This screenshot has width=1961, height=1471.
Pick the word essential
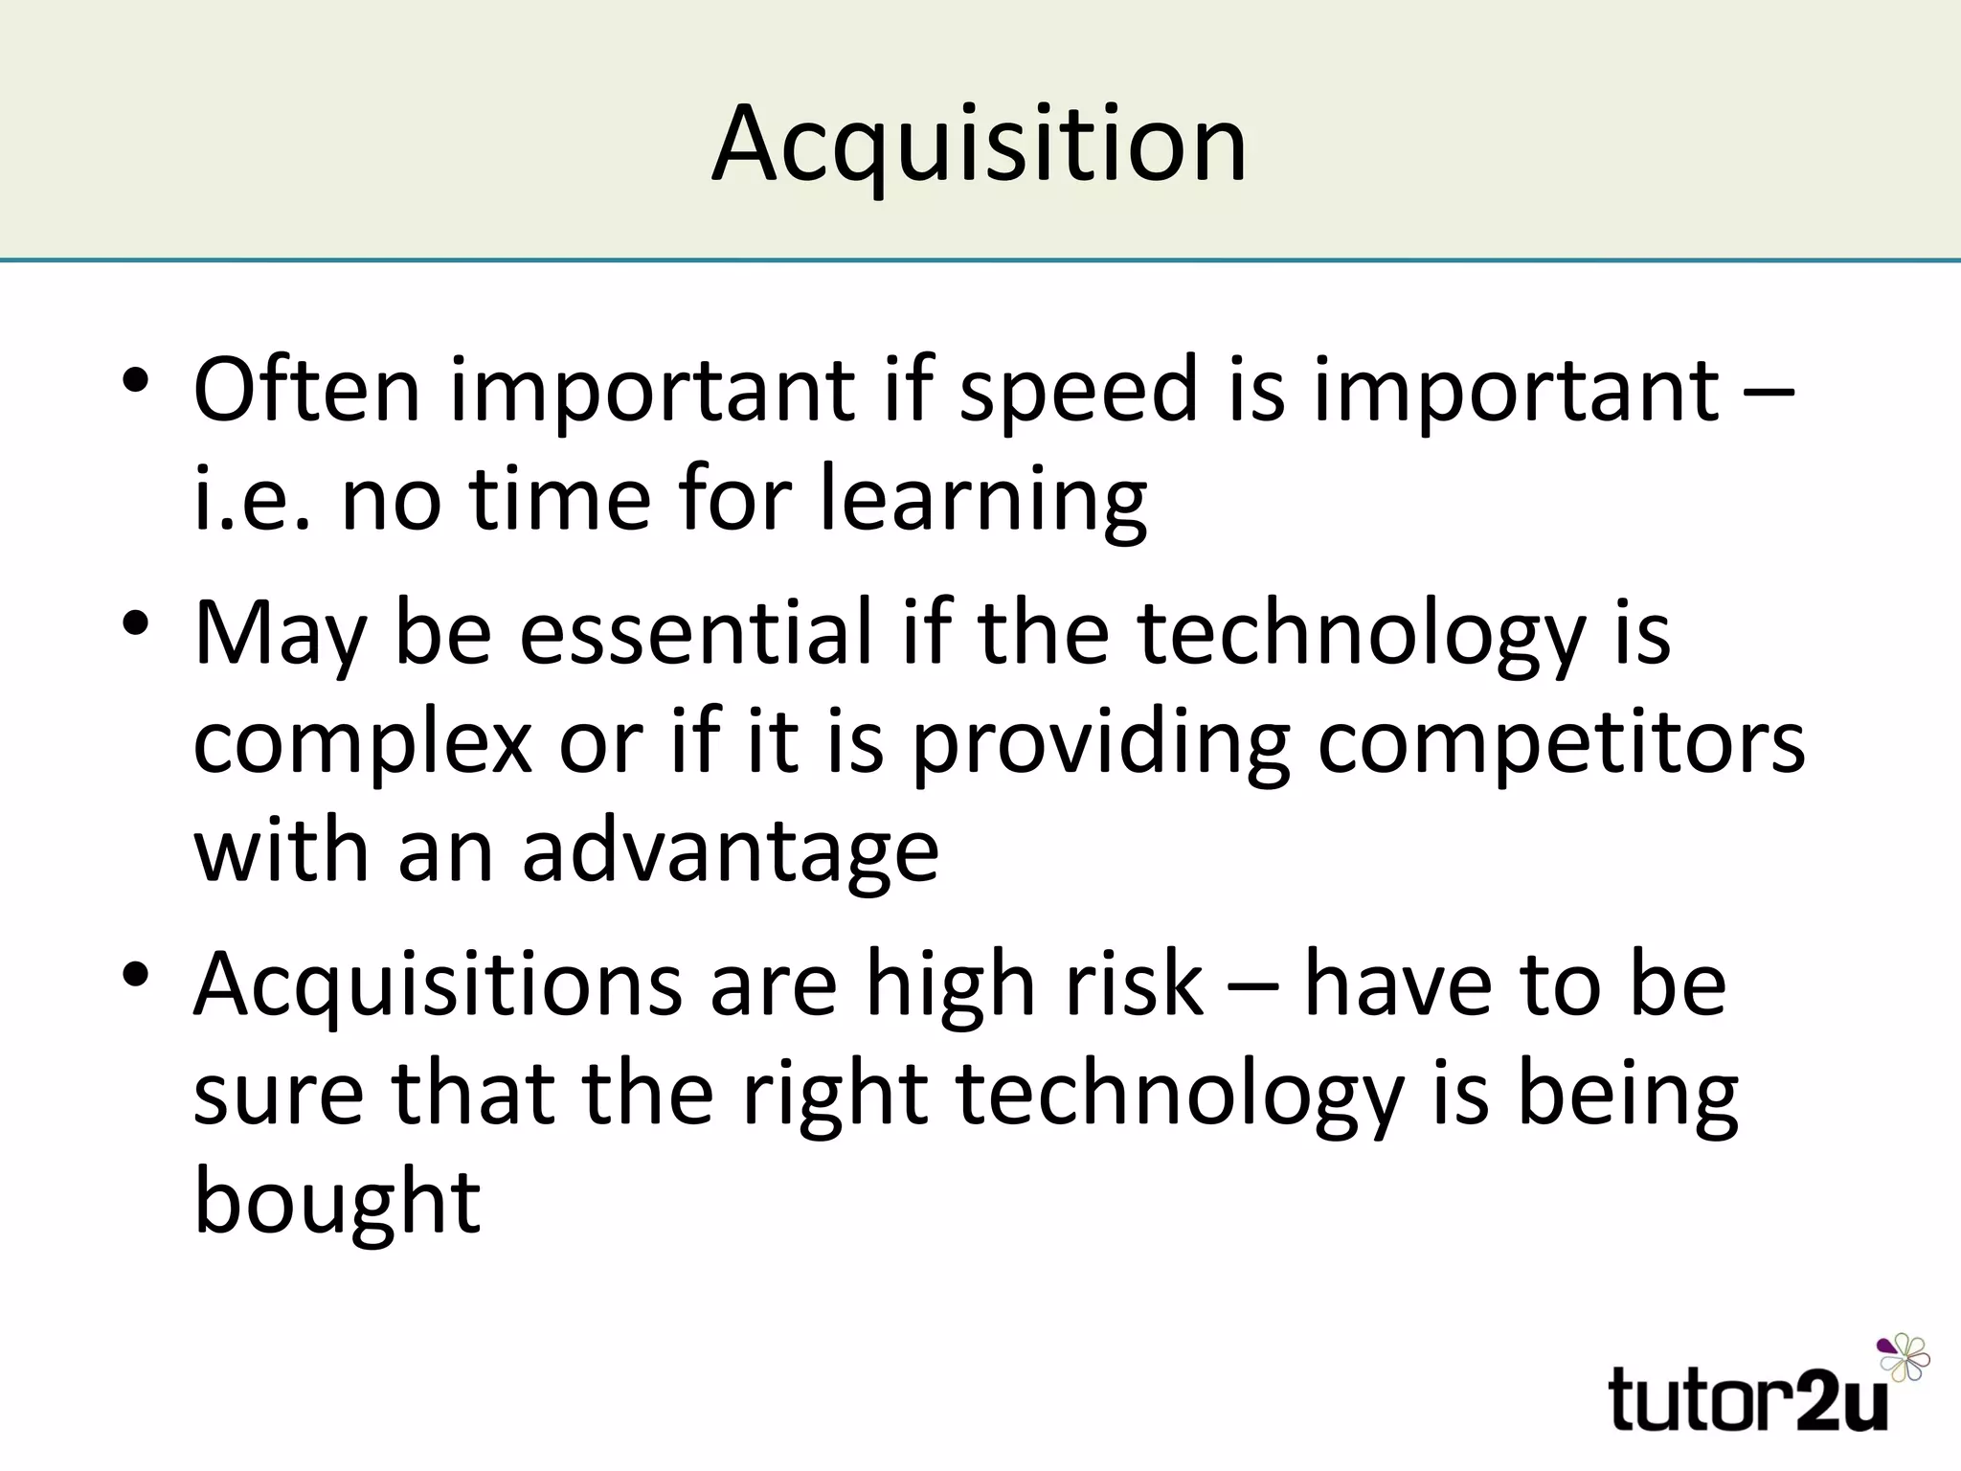tap(697, 632)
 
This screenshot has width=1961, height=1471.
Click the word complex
tap(362, 743)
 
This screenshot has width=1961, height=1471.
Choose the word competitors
tap(1562, 743)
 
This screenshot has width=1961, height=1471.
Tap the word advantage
tap(731, 852)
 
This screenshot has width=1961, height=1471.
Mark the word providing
tap(1101, 743)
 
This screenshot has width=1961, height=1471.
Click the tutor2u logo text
tap(1748, 1399)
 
